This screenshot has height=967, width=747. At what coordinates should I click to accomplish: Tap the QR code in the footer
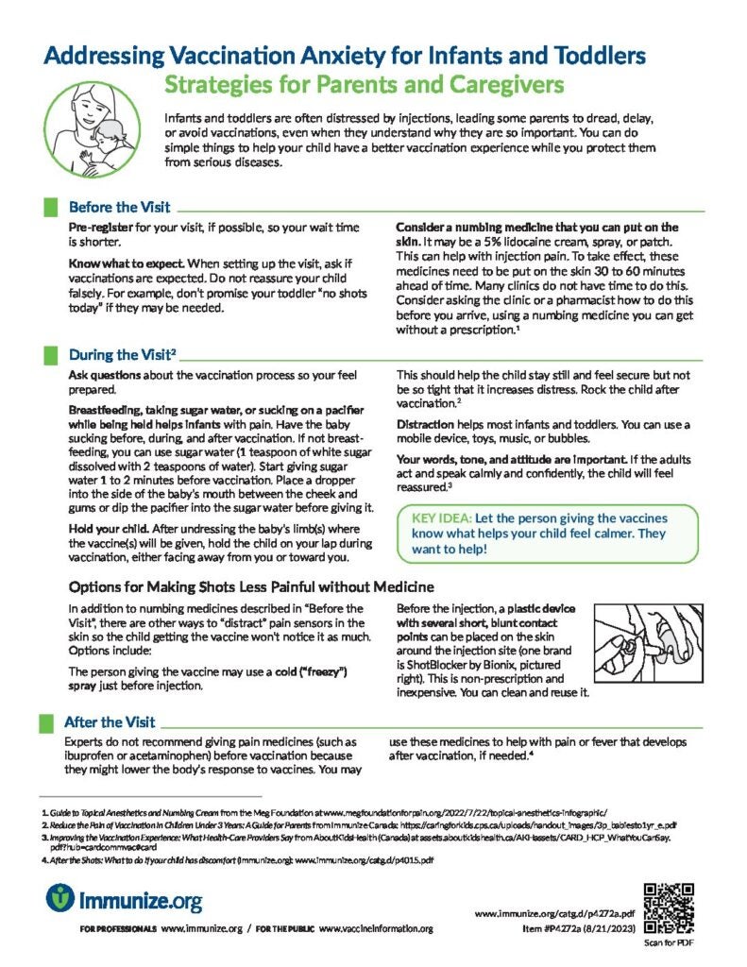click(x=668, y=906)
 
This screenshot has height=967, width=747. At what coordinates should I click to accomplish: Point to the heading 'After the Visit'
click(x=110, y=722)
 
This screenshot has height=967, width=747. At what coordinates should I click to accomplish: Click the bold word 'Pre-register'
click(x=99, y=229)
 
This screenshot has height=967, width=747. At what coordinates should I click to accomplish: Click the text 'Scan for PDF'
click(x=668, y=942)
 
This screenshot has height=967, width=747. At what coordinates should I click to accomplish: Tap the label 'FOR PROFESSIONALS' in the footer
click(x=118, y=930)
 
